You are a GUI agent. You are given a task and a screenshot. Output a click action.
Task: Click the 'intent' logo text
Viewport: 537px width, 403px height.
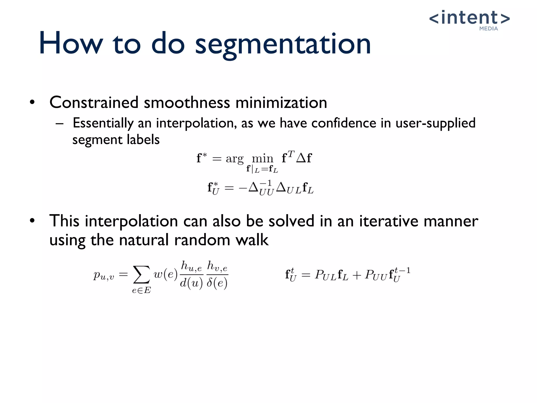click(469, 18)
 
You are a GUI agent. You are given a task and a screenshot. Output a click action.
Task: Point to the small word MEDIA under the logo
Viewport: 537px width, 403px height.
click(488, 29)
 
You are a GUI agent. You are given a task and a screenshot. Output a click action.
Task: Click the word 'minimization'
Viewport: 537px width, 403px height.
click(281, 102)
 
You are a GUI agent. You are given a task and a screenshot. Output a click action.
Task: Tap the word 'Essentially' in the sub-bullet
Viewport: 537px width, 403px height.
click(103, 123)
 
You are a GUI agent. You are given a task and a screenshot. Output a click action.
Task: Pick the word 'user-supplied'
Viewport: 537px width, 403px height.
click(435, 123)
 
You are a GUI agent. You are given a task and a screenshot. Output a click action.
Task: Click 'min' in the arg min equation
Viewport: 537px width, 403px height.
click(262, 158)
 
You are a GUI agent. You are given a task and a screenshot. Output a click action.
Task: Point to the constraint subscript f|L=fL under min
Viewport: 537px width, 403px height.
click(262, 169)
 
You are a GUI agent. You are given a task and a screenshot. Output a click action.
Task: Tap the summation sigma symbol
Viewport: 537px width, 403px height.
click(142, 274)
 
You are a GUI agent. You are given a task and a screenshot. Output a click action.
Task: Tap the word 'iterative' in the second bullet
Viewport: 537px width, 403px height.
click(389, 221)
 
